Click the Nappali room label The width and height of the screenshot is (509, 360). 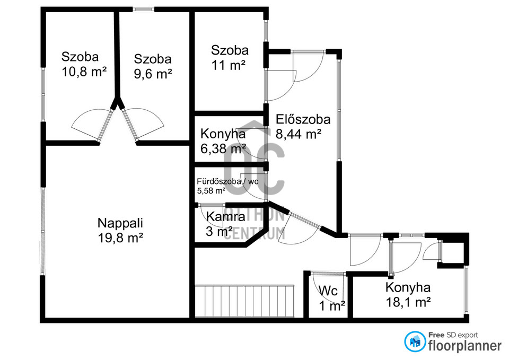(120, 223)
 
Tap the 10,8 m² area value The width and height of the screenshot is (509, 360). (84, 72)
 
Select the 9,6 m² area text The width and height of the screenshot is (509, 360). (153, 74)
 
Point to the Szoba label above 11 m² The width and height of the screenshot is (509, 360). (230, 50)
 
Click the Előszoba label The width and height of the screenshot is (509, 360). (303, 119)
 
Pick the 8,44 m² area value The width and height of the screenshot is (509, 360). (299, 134)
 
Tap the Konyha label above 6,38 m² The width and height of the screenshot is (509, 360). (223, 134)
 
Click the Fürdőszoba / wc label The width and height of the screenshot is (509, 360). (227, 181)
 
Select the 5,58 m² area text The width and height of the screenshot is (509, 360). (212, 190)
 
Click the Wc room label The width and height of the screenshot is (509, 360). (328, 291)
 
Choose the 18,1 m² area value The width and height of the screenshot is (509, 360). (408, 302)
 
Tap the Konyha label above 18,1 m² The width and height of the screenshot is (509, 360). (408, 287)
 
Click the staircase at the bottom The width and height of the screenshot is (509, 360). (244, 301)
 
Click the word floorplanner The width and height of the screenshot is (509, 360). (465, 346)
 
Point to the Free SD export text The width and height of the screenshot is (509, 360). (453, 335)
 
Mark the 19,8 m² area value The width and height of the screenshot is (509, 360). (120, 238)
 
